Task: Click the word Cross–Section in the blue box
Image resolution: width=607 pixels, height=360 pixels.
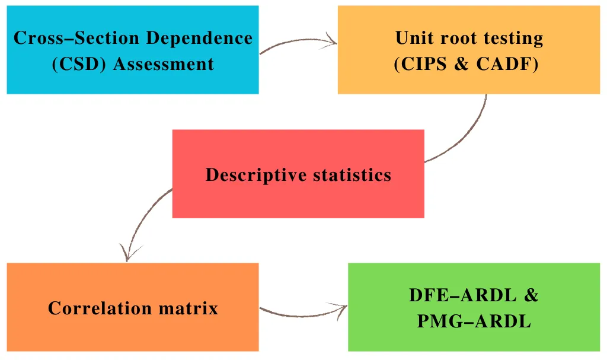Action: point(75,38)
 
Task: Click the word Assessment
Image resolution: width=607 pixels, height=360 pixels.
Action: point(163,63)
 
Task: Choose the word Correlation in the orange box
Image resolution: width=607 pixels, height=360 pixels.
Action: point(99,308)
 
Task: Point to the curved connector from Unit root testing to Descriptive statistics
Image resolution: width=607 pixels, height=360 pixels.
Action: point(468,136)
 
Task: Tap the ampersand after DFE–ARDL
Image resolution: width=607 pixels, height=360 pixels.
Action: point(531,295)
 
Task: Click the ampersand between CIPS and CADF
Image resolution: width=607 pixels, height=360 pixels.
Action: point(462,63)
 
